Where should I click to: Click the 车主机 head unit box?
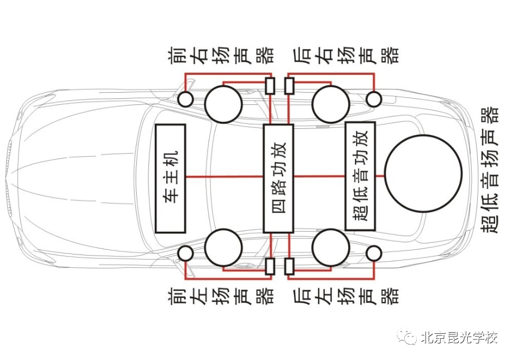[171, 177]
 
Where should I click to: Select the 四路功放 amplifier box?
[278, 177]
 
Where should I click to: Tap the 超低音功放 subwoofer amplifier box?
[360, 175]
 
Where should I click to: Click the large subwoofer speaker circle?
[424, 174]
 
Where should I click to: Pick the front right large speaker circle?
[223, 103]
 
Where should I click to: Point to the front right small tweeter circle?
[185, 100]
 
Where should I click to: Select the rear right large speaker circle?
[330, 103]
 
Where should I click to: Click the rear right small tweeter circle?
[373, 99]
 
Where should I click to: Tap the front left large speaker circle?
[223, 247]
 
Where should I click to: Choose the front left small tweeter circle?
[185, 253]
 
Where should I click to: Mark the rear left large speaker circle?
[330, 247]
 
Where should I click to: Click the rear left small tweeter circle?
[373, 253]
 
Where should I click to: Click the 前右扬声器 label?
[221, 55]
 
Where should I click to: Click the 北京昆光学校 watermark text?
[459, 338]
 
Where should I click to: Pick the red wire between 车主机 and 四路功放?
[223, 176]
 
